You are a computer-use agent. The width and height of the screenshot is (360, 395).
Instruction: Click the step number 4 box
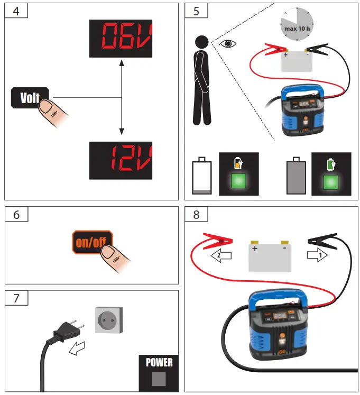click(x=16, y=11)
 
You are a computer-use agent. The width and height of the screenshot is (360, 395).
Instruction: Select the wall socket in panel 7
click(x=109, y=320)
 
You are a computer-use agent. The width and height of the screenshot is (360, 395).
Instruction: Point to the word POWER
click(x=159, y=363)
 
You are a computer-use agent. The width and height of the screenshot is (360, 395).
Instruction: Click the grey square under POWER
click(x=159, y=379)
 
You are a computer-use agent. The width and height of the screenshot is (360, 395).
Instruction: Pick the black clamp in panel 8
click(x=326, y=241)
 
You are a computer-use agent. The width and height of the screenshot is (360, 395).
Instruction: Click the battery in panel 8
click(x=270, y=255)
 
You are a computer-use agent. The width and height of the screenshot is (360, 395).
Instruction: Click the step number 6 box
click(x=16, y=215)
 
